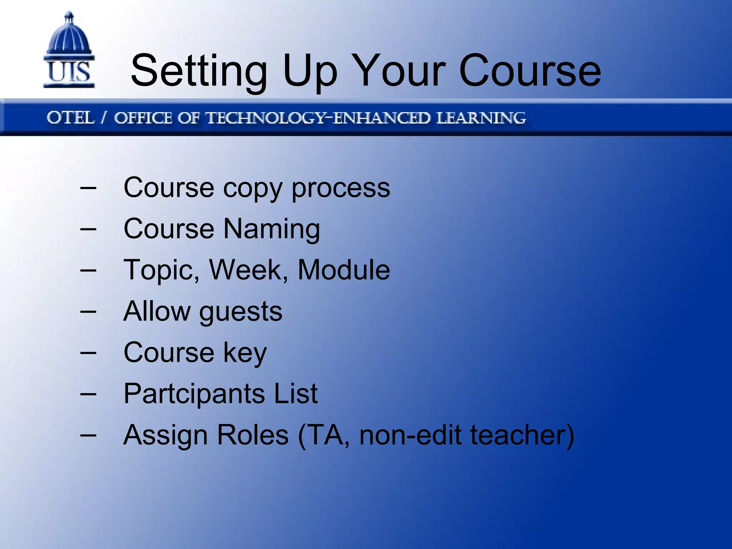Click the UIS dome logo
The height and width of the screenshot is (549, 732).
point(69,50)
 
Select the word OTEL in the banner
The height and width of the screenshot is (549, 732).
point(70,118)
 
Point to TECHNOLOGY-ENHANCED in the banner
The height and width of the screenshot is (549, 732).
point(318,118)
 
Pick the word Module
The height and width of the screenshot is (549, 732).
point(343,270)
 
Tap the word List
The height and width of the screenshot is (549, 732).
point(296,394)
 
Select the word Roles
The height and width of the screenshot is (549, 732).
point(253,435)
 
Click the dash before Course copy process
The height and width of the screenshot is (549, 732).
point(88,188)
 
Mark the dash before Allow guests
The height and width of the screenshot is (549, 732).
point(88,311)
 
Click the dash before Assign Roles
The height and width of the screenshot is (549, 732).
point(88,435)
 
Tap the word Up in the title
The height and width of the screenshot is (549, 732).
point(310,71)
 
